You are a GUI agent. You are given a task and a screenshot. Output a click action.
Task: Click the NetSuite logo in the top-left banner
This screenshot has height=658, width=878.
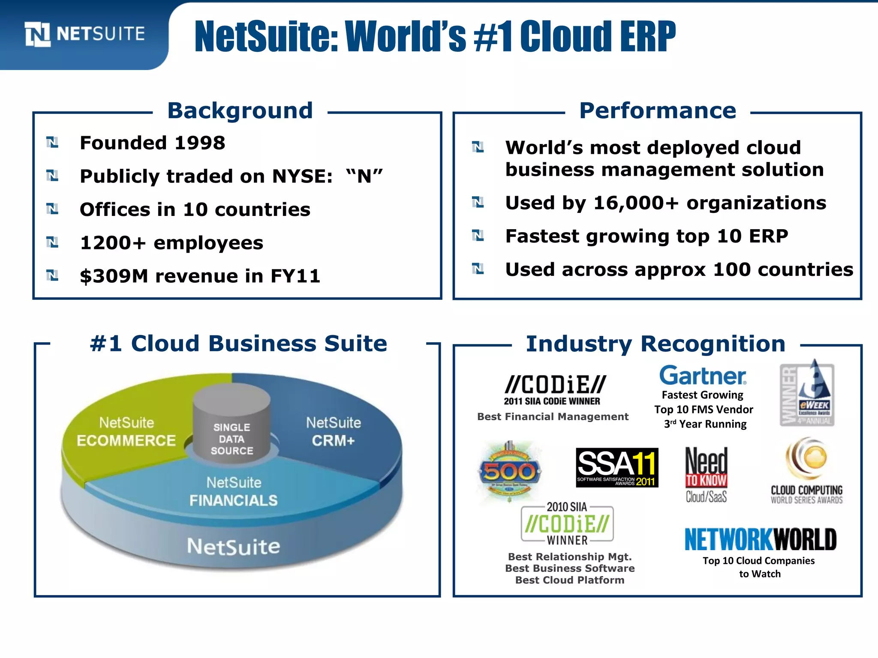(85, 34)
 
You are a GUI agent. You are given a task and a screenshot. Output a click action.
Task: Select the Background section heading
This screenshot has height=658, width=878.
(240, 111)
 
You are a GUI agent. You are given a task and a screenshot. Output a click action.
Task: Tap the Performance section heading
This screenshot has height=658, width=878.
(657, 111)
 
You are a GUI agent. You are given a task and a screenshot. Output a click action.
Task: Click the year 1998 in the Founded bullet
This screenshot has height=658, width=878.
(200, 143)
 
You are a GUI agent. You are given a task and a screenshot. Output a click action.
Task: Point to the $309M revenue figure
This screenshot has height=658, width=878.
(114, 276)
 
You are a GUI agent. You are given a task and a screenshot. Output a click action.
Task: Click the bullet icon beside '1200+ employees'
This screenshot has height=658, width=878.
(52, 242)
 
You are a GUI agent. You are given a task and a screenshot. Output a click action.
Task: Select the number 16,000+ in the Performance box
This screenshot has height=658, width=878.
(636, 203)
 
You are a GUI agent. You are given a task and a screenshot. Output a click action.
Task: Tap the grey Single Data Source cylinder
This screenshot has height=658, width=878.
(232, 422)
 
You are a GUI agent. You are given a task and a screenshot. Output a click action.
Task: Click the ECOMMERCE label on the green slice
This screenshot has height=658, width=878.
(126, 440)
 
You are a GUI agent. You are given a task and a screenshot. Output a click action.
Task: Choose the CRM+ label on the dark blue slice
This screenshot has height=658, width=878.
(333, 440)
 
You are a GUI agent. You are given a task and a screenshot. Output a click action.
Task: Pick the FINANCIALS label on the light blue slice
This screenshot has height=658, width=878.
(234, 500)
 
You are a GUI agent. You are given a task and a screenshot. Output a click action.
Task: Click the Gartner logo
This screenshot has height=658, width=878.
(703, 376)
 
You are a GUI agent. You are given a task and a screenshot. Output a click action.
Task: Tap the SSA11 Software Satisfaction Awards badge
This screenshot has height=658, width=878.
(616, 467)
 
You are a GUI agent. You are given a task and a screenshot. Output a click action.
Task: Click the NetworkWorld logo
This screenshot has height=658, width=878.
(760, 539)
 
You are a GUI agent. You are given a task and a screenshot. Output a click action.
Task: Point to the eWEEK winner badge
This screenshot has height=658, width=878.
(807, 393)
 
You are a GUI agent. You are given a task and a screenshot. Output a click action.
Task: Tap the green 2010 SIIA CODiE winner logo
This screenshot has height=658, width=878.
(567, 523)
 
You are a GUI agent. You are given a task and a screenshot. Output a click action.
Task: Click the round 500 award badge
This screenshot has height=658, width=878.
(509, 472)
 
